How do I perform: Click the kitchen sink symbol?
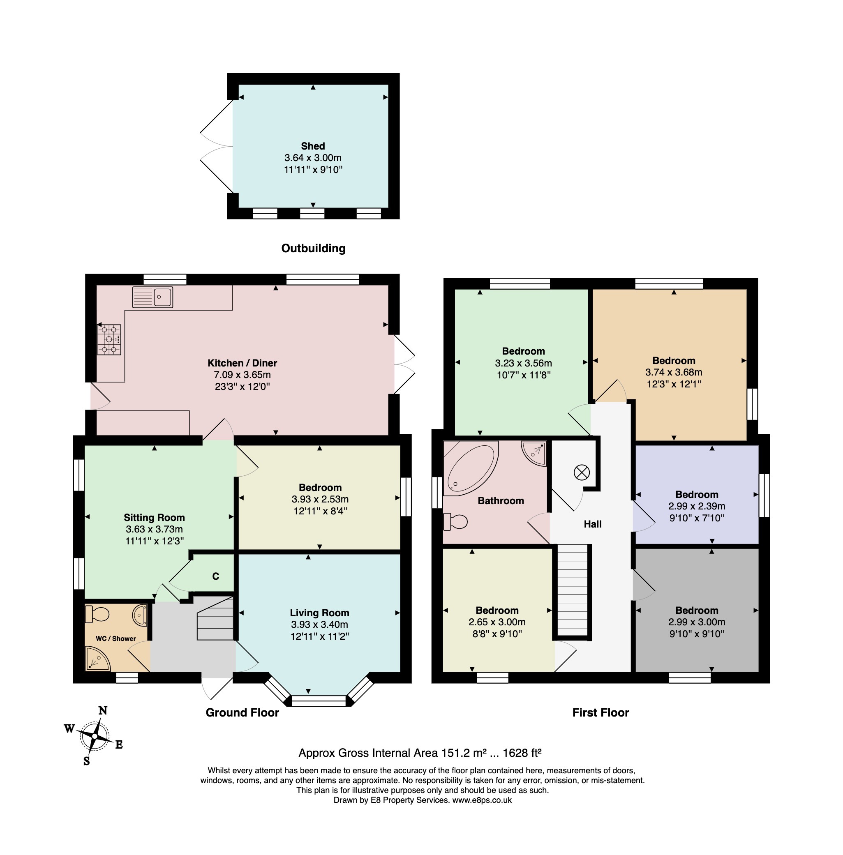pos(153,297)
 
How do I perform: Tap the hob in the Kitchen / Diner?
pos(109,340)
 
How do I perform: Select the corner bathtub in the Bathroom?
pos(471,468)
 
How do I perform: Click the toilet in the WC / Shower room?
pos(97,614)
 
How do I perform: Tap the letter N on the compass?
pos(103,710)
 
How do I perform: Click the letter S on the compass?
pos(87,761)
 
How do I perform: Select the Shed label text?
pos(313,146)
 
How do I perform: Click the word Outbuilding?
pos(314,248)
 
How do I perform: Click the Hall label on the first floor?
pos(592,524)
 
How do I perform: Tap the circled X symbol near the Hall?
pos(582,472)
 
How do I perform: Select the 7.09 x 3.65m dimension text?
pos(242,375)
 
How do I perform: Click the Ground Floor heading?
pos(242,712)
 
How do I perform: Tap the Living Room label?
pos(320,613)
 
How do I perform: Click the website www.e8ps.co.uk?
pos(482,800)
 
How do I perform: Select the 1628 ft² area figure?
pos(522,753)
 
